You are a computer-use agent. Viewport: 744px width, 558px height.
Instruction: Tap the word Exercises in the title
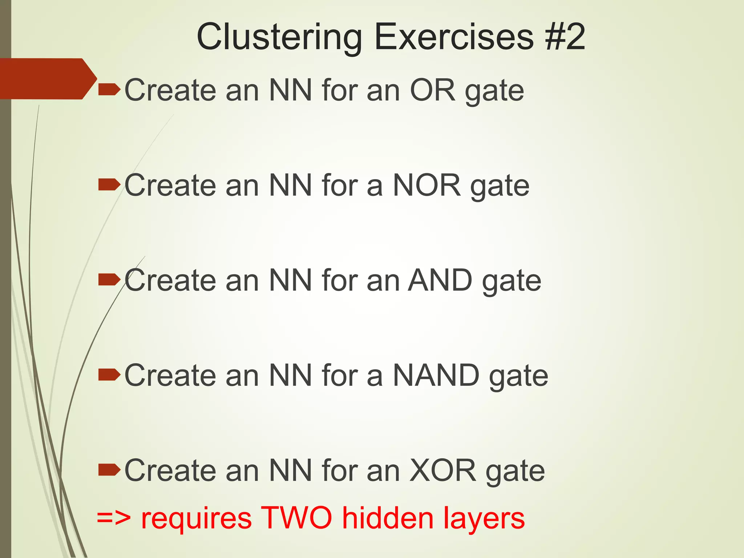coord(454,37)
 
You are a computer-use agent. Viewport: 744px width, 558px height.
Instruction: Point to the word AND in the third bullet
coord(440,280)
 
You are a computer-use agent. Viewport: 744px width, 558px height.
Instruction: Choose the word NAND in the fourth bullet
coord(436,375)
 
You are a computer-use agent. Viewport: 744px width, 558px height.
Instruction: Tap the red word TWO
coord(296,518)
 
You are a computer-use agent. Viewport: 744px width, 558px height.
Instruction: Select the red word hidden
coord(388,518)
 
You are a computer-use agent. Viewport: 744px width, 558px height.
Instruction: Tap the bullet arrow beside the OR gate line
coord(109,89)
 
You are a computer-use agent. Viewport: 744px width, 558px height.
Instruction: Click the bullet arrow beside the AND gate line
coord(109,280)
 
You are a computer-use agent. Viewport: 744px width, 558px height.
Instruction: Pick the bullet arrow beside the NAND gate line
coord(109,375)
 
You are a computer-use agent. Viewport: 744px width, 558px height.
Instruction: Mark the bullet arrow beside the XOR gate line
coord(109,470)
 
